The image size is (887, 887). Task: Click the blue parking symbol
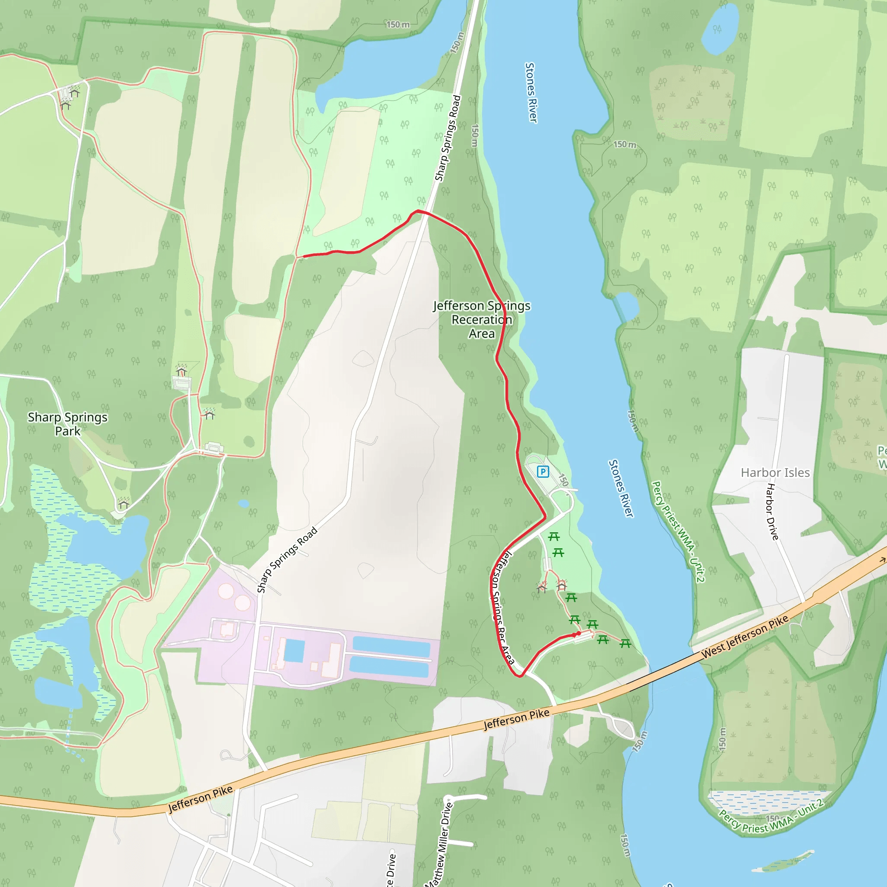[x=543, y=472]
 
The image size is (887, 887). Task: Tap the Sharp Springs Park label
[x=68, y=424]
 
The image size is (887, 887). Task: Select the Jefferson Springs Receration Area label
[x=482, y=320]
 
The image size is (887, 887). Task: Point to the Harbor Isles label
[x=775, y=473]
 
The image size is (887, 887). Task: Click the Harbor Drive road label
[x=773, y=511]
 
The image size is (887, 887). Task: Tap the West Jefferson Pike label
[x=745, y=636]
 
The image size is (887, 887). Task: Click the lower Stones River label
[x=621, y=489]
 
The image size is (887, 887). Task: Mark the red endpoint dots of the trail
[x=576, y=634]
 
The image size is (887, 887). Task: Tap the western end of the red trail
[x=304, y=256]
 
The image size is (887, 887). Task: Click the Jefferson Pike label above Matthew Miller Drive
[x=517, y=719]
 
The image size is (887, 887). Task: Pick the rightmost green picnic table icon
[x=625, y=644]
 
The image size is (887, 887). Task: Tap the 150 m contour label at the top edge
[x=398, y=24]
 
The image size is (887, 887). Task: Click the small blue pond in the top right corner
[x=720, y=29]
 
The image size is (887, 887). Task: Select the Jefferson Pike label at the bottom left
[x=201, y=800]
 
